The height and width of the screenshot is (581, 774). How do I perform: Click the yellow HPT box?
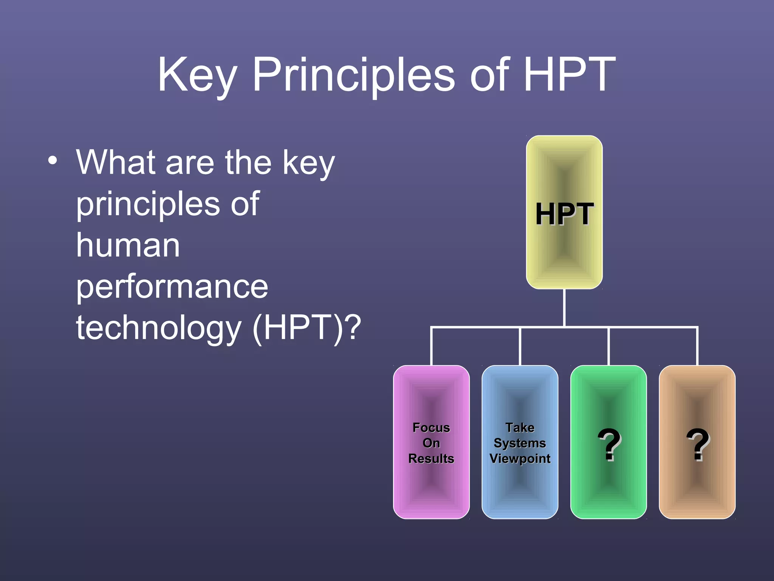pyautogui.click(x=564, y=212)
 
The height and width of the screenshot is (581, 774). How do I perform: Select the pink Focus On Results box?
pyautogui.click(x=431, y=442)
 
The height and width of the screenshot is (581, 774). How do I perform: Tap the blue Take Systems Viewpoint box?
pyautogui.click(x=520, y=442)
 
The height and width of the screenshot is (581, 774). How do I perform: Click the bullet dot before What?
pyautogui.click(x=53, y=160)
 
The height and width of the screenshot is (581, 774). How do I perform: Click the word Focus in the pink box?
pyautogui.click(x=431, y=427)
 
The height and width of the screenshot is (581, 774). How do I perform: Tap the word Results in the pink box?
pyautogui.click(x=431, y=458)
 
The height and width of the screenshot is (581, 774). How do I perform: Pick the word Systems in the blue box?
pyautogui.click(x=520, y=443)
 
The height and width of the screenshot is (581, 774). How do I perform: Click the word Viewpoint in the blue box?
pyautogui.click(x=520, y=458)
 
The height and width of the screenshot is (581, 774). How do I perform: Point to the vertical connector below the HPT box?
pyautogui.click(x=564, y=307)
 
